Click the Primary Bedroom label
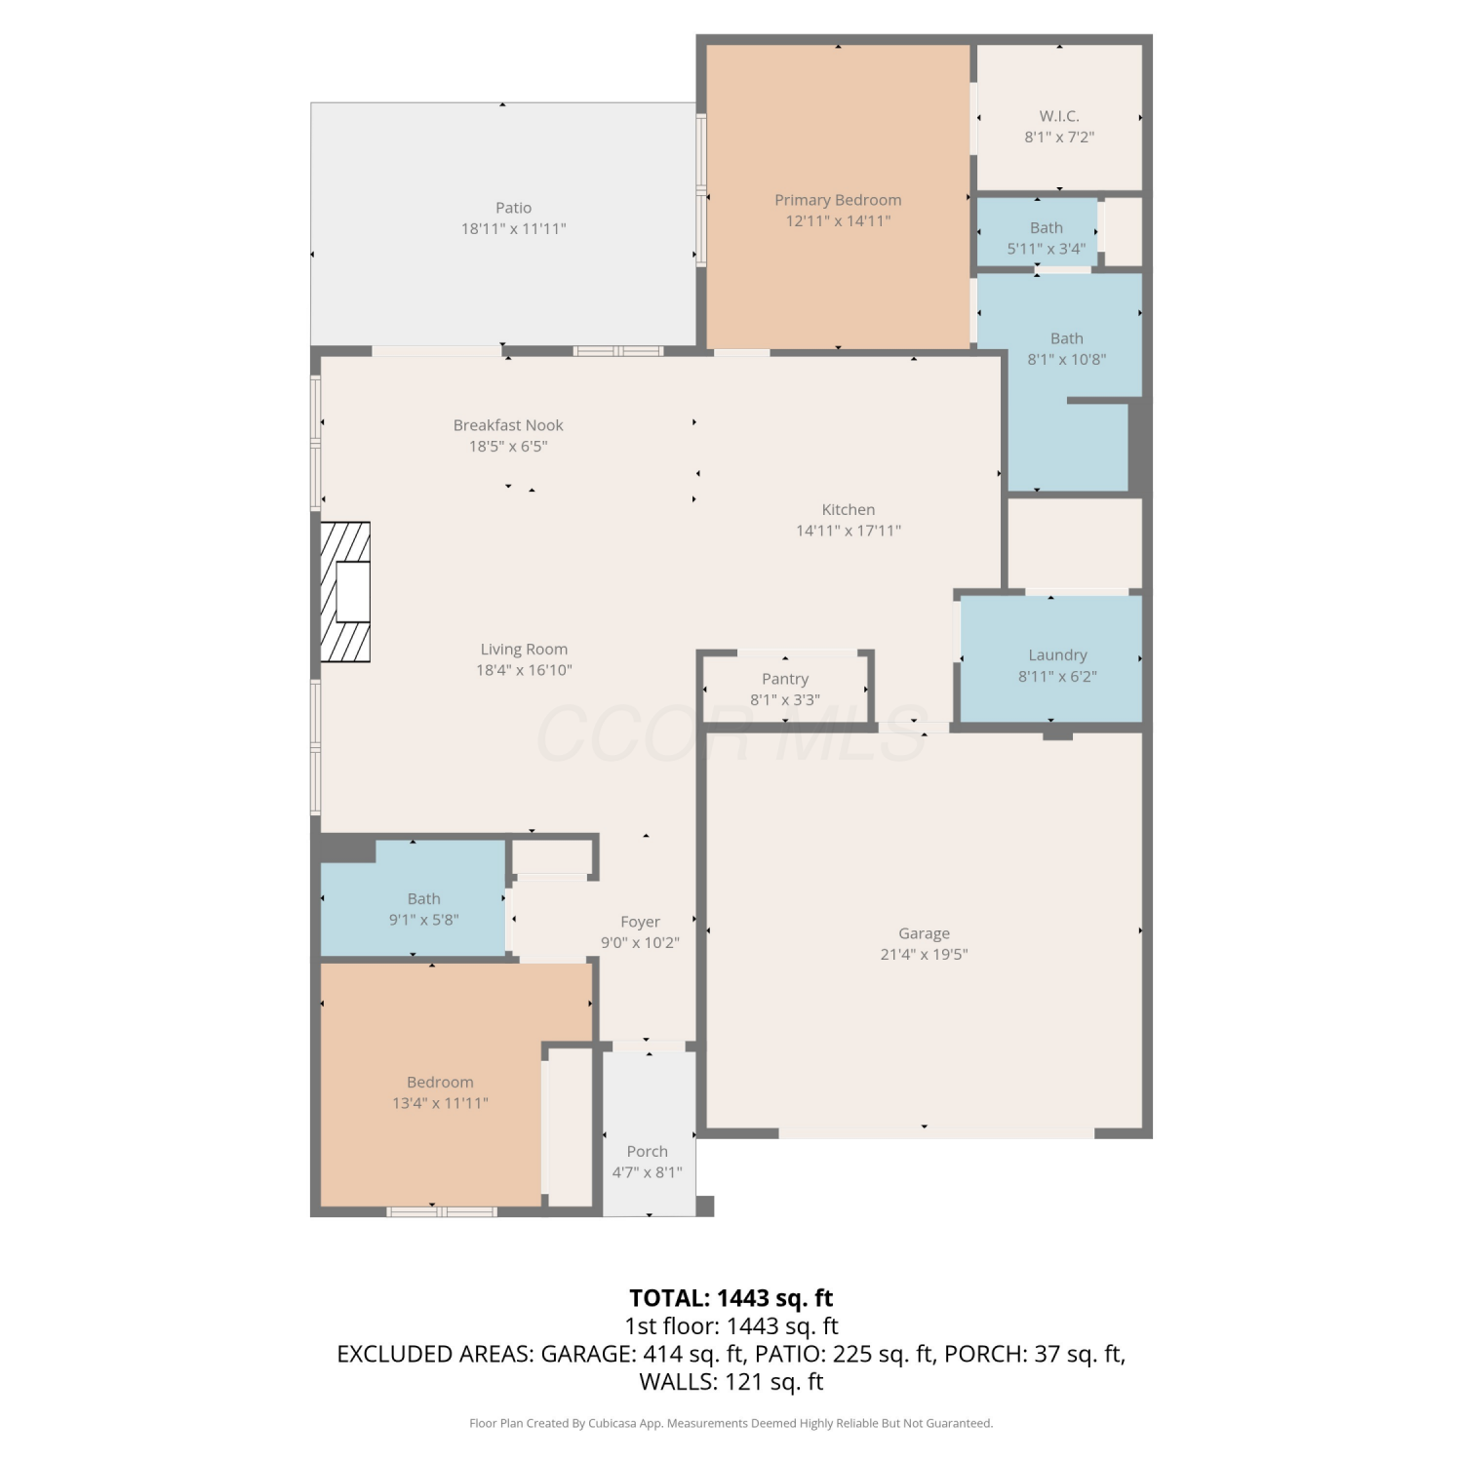(x=838, y=200)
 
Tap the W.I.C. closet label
(x=1059, y=116)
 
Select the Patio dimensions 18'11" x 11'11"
(x=514, y=229)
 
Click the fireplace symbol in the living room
(x=345, y=592)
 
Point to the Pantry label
(x=785, y=679)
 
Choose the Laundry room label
(x=1057, y=655)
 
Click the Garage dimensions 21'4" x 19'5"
(x=924, y=955)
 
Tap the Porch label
(x=648, y=1152)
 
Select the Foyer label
(x=640, y=923)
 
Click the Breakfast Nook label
(x=508, y=425)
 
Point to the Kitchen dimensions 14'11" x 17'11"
(x=849, y=532)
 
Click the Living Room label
(x=524, y=650)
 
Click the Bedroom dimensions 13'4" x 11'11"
(x=440, y=1104)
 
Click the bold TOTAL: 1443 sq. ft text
(x=731, y=1298)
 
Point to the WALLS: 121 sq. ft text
(x=731, y=1382)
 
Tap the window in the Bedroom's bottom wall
(x=442, y=1212)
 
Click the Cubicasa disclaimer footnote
(x=731, y=1424)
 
